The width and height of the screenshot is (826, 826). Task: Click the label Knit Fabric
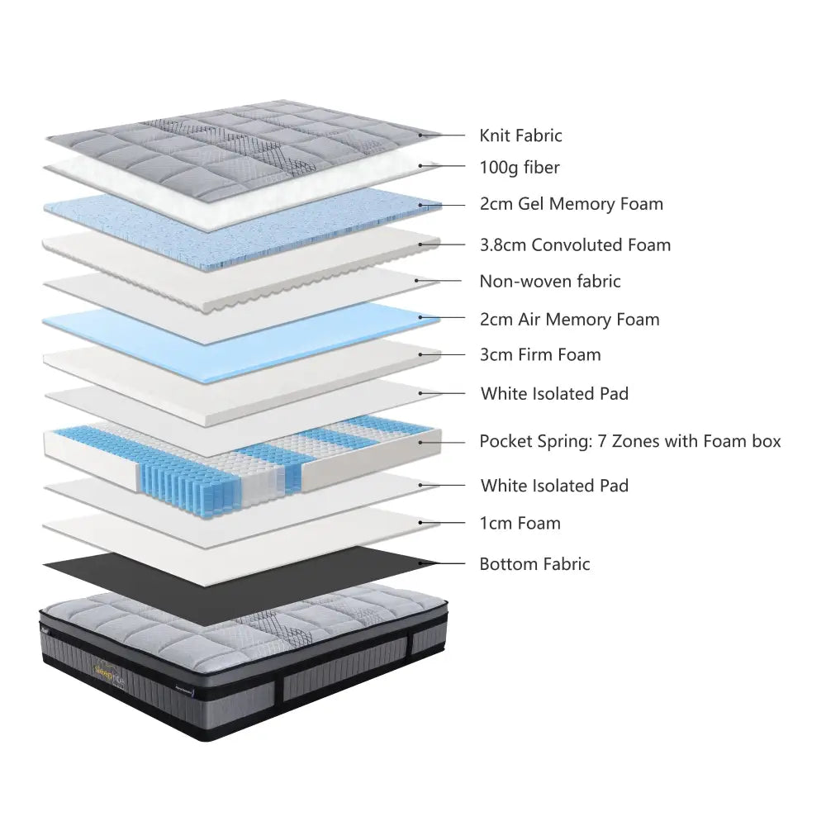click(520, 135)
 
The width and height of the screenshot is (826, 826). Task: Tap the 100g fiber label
click(520, 168)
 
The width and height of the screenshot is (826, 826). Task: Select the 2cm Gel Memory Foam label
click(571, 204)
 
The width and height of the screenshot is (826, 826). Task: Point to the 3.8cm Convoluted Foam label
click(575, 245)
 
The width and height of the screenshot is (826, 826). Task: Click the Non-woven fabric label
click(550, 282)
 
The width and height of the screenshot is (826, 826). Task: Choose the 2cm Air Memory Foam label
click(569, 319)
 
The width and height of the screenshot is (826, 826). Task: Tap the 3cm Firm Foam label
click(540, 354)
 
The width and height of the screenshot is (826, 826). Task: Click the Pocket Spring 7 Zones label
click(630, 441)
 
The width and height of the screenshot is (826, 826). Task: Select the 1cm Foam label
click(520, 523)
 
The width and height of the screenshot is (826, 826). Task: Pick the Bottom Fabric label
click(534, 564)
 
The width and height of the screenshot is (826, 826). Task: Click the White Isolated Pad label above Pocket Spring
click(555, 393)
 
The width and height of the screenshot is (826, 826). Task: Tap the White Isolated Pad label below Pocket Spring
click(555, 485)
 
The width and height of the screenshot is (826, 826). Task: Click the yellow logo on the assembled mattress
click(110, 672)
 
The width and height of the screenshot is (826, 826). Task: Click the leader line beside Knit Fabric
click(442, 135)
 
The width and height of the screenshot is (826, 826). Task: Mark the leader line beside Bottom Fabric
click(442, 563)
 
